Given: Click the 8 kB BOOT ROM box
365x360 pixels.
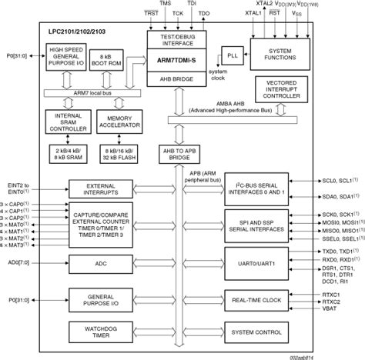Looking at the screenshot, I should (106, 58).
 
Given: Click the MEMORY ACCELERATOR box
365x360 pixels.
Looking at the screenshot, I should (118, 122).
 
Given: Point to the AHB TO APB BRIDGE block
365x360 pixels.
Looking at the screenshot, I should (177, 154).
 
